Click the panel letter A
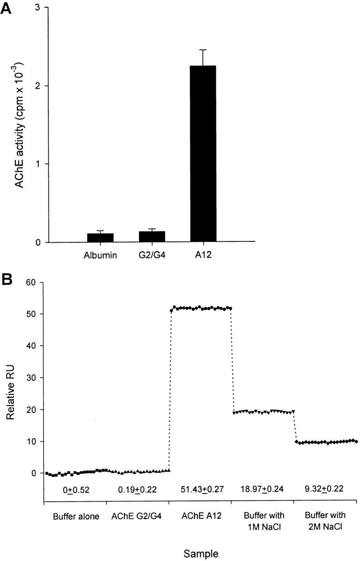[8, 8]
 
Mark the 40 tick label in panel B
[32, 346]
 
